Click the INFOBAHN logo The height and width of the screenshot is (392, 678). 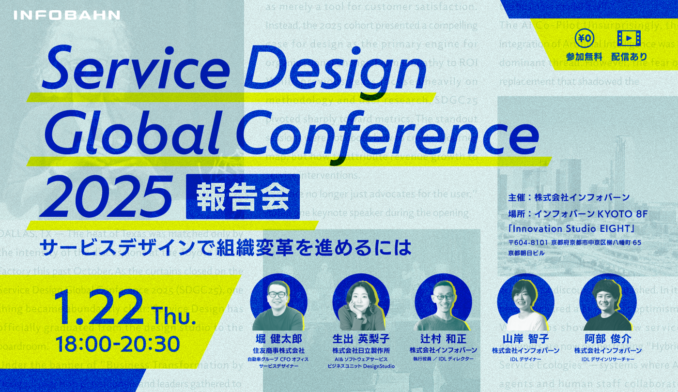coord(67,15)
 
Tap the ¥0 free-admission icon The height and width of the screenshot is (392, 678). coord(584,38)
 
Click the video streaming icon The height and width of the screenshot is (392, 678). coord(629,38)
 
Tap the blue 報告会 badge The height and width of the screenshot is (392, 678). coord(243,196)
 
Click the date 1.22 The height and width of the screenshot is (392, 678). coord(100,308)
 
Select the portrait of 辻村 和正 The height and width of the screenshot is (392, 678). coord(443,302)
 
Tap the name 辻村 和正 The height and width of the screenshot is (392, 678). coord(443,339)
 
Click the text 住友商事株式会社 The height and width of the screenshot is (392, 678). coord(278,350)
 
